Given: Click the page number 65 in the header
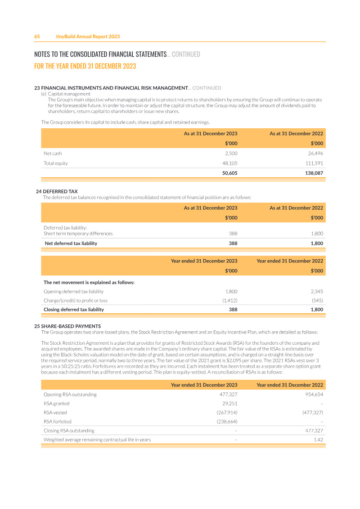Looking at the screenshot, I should [37, 36].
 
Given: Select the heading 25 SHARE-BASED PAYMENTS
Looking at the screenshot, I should [67, 326].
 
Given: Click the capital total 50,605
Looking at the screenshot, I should [229, 173].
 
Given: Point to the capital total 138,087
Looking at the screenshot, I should [314, 173].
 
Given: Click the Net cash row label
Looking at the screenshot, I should [53, 153].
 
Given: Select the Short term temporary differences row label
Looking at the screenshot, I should [78, 234].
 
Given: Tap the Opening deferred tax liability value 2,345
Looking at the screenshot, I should [317, 292].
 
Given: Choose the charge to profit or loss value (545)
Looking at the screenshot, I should [317, 301].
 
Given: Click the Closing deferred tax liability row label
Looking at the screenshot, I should [73, 310].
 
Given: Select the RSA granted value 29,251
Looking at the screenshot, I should [230, 404].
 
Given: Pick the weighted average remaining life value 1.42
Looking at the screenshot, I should [318, 440].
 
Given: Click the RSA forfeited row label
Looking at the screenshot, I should [57, 422].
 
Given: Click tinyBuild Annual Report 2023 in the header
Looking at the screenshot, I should [88, 36].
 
